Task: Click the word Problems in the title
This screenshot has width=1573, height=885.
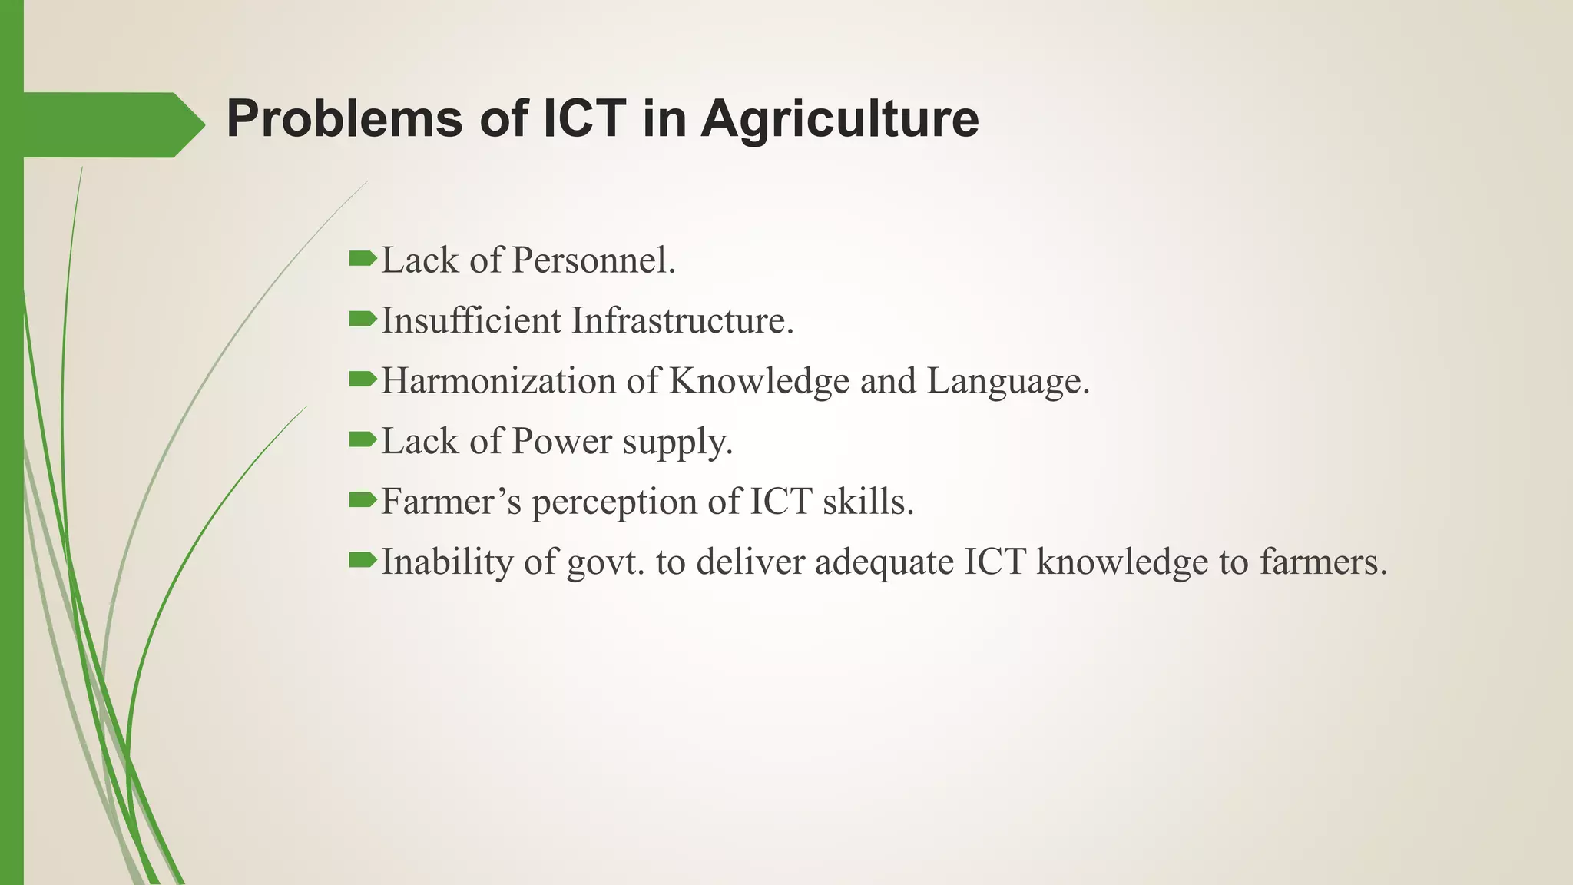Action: tap(344, 119)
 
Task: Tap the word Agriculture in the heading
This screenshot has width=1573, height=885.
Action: tap(839, 119)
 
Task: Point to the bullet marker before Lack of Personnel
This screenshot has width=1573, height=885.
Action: tap(362, 259)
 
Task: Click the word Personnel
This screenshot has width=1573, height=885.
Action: tap(593, 260)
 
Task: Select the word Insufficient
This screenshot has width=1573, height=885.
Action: tap(471, 320)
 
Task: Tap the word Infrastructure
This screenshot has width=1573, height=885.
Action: tap(682, 320)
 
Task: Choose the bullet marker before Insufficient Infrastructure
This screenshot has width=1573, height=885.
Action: tap(362, 319)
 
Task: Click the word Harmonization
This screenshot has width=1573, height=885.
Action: tap(498, 381)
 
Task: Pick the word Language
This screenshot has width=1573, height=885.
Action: tap(1008, 381)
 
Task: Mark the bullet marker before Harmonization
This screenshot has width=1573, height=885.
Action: tap(362, 379)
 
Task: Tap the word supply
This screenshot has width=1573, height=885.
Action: tap(677, 443)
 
